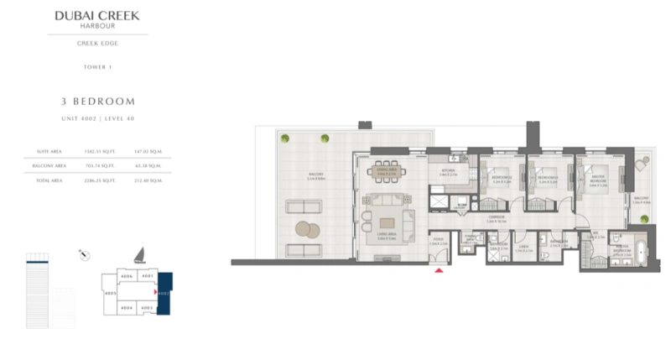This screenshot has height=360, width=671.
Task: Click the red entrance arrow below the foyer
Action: click(437, 270)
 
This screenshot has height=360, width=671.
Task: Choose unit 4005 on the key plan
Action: click(110, 294)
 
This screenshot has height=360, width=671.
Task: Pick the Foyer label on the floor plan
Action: click(437, 241)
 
